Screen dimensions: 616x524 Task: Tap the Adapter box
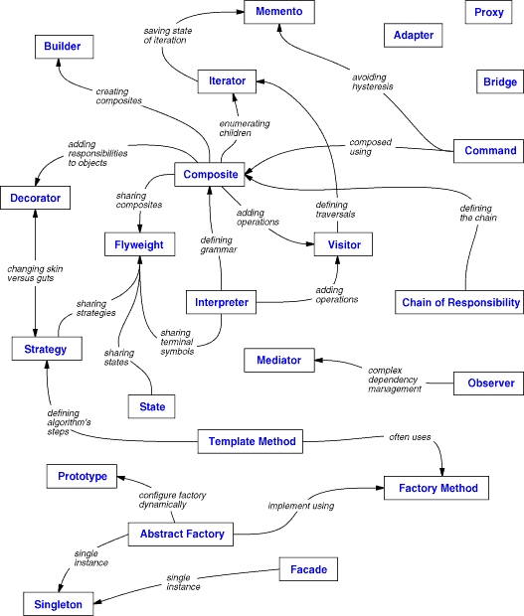[414, 35]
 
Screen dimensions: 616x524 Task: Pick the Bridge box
[499, 82]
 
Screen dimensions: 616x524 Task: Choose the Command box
[488, 151]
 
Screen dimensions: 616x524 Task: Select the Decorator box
[37, 199]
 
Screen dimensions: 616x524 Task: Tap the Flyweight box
[140, 243]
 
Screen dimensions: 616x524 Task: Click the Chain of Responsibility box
[459, 302]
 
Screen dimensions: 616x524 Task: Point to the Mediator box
[278, 359]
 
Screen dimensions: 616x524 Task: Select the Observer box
[488, 383]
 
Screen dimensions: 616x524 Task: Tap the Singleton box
[59, 602]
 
